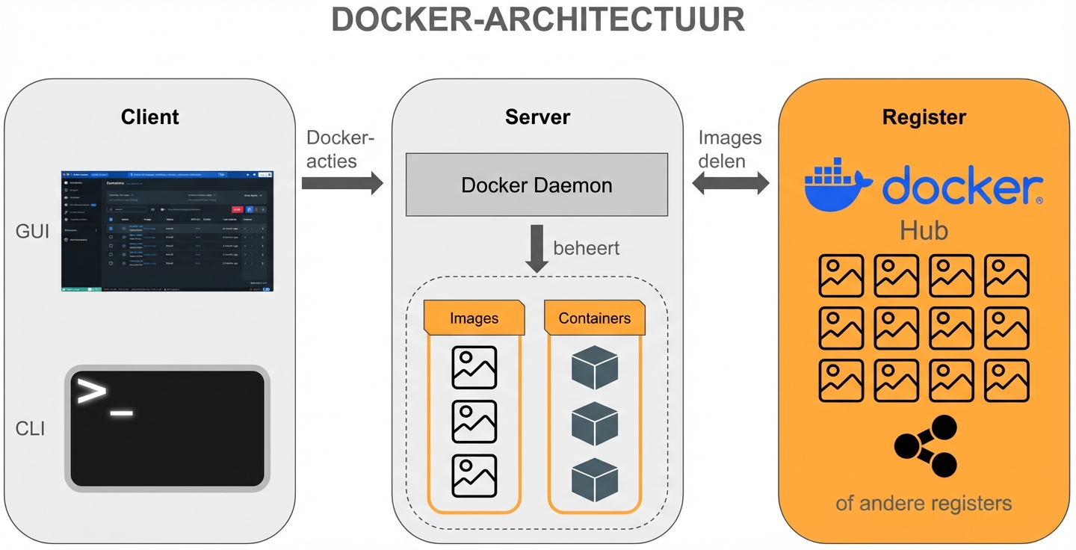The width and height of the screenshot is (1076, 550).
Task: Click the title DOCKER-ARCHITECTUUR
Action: pyautogui.click(x=538, y=20)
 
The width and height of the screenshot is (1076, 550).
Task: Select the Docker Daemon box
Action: pyautogui.click(x=537, y=185)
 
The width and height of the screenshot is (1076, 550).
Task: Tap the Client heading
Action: pyautogui.click(x=150, y=117)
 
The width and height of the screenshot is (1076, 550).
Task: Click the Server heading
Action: pyautogui.click(x=537, y=117)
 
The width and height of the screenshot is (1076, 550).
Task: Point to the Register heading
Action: pyautogui.click(x=924, y=117)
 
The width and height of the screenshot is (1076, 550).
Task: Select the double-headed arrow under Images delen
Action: pyautogui.click(x=730, y=182)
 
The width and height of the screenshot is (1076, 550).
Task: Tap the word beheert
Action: pyautogui.click(x=587, y=247)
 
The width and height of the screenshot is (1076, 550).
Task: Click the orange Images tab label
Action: pyautogui.click(x=474, y=318)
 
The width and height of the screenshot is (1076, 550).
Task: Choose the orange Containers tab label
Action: pyautogui.click(x=595, y=318)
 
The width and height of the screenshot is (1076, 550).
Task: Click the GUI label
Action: pyautogui.click(x=33, y=232)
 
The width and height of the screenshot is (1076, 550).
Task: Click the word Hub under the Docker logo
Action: pyautogui.click(x=924, y=230)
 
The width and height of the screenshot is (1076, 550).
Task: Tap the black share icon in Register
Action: pyautogui.click(x=925, y=446)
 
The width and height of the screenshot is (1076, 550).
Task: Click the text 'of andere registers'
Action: pyautogui.click(x=924, y=502)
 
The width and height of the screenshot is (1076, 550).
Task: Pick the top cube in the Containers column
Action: pyautogui.click(x=595, y=368)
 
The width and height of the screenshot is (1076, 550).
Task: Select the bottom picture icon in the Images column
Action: pyautogui.click(x=474, y=476)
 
